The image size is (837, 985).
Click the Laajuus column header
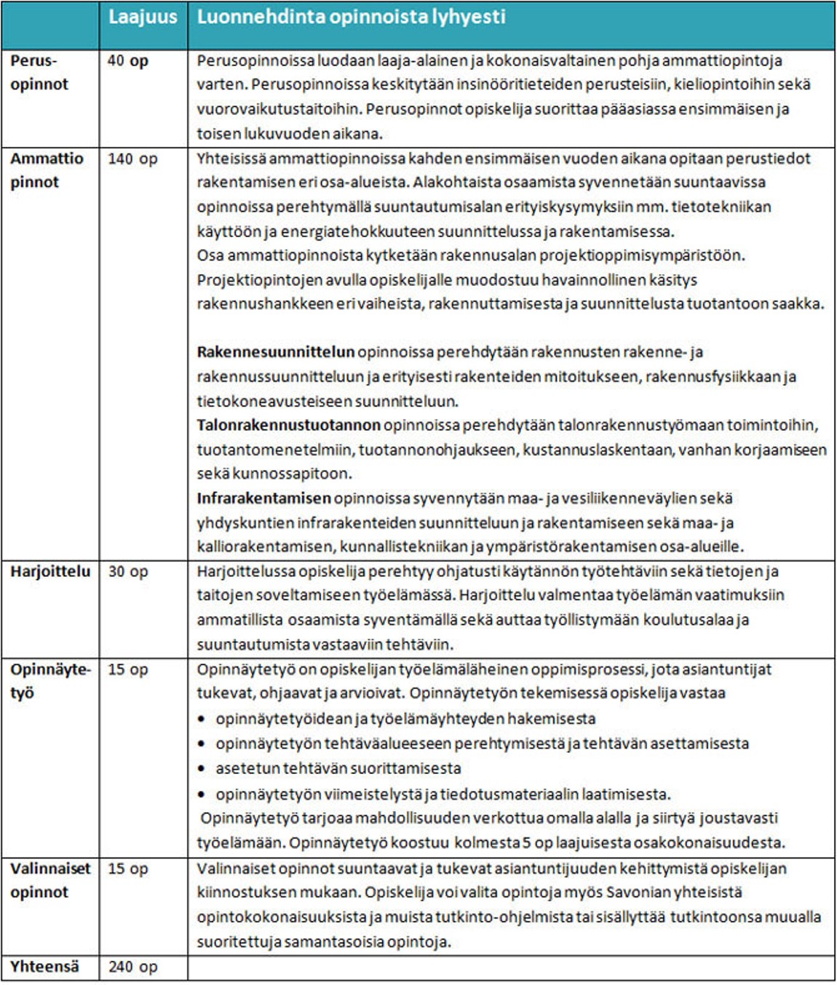pos(143,17)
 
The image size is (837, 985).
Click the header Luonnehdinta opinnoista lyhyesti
pos(351,17)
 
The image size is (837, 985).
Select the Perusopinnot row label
pos(39,72)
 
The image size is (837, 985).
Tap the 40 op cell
pos(128,61)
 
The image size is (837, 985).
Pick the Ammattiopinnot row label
pos(47,170)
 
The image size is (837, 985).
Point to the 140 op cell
pos(132,159)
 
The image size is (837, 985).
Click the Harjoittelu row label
pos(50,572)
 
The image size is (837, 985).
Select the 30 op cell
pos(128,572)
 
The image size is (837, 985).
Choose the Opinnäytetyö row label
pos(50,681)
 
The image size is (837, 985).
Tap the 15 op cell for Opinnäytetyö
pos(128,669)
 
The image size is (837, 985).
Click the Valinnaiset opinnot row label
pos(50,880)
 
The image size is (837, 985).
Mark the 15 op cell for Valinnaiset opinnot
pos(128,869)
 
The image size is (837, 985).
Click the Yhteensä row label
pos(44,967)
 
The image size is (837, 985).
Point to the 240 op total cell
pos(132,967)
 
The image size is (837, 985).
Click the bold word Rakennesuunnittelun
pos(275,352)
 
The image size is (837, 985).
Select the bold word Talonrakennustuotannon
pos(288,425)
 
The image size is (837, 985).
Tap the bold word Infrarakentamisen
pos(263,498)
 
